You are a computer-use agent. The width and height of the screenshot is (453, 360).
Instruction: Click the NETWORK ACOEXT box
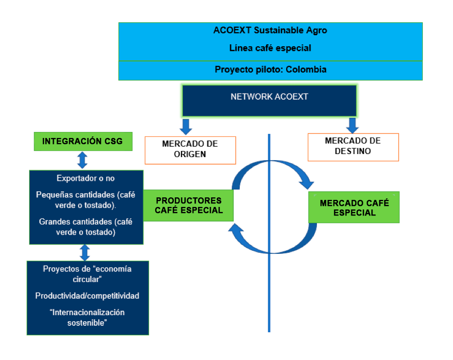[269, 101]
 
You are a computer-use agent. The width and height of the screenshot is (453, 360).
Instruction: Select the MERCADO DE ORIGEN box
[190, 150]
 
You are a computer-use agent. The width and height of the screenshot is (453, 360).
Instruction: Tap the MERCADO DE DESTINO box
[353, 147]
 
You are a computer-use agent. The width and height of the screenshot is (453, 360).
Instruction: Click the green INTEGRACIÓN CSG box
[83, 141]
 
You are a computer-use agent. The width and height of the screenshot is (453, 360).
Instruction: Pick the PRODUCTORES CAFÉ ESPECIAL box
[188, 205]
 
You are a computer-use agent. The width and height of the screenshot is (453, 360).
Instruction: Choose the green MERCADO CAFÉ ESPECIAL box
[354, 207]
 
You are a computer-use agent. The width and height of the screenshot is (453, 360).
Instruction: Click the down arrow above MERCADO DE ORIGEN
[186, 127]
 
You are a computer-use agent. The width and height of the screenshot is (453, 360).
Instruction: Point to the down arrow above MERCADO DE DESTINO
[352, 125]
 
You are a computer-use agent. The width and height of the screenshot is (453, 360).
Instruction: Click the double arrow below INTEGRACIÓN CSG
[82, 160]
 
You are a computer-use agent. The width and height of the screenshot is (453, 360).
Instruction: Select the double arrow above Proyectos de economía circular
[85, 253]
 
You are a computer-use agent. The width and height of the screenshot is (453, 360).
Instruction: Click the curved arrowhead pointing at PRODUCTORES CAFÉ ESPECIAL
[236, 228]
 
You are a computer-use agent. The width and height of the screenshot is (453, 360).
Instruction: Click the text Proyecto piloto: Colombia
[271, 69]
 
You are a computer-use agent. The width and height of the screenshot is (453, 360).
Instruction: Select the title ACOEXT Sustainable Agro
[270, 30]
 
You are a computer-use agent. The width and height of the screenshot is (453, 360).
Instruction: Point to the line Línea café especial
[270, 48]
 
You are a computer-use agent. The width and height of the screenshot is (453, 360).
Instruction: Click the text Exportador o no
[86, 178]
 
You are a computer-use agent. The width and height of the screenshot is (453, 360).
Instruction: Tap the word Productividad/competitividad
[87, 296]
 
